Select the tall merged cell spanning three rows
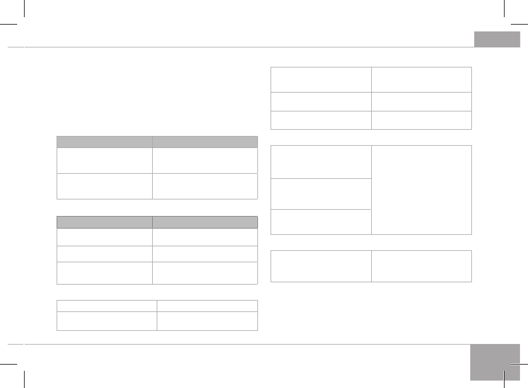(x=422, y=190)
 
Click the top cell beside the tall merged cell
(x=321, y=162)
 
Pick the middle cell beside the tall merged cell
(x=321, y=194)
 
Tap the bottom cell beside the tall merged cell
(x=321, y=222)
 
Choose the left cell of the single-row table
(x=321, y=266)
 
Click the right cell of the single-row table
(x=422, y=266)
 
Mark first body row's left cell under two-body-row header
(x=104, y=161)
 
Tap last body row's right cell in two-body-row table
(x=205, y=186)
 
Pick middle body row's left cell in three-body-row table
(x=104, y=254)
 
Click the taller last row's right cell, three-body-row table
(x=205, y=273)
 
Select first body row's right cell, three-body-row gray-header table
(x=205, y=237)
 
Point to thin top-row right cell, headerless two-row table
(x=207, y=306)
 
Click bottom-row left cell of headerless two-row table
(x=107, y=321)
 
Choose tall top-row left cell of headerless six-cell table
(x=321, y=79)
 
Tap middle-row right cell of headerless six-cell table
(x=422, y=101)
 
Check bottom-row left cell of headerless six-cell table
(x=321, y=120)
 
